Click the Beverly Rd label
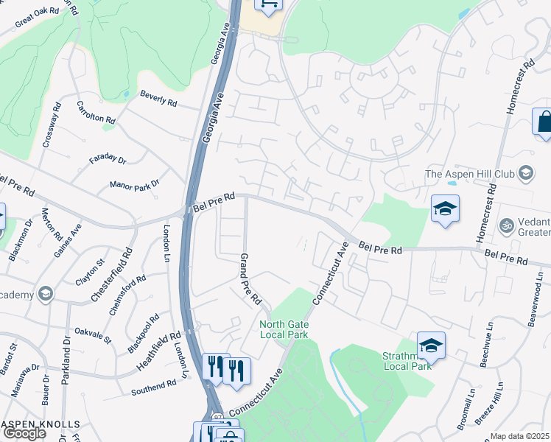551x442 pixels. [159, 96]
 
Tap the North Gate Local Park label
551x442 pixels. [284, 329]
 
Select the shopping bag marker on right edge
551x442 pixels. [544, 122]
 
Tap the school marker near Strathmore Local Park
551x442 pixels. [431, 345]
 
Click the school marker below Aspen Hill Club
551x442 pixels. [445, 208]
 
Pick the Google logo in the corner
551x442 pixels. [24, 433]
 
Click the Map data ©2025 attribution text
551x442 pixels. [520, 436]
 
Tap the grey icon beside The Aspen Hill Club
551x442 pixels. [526, 174]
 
